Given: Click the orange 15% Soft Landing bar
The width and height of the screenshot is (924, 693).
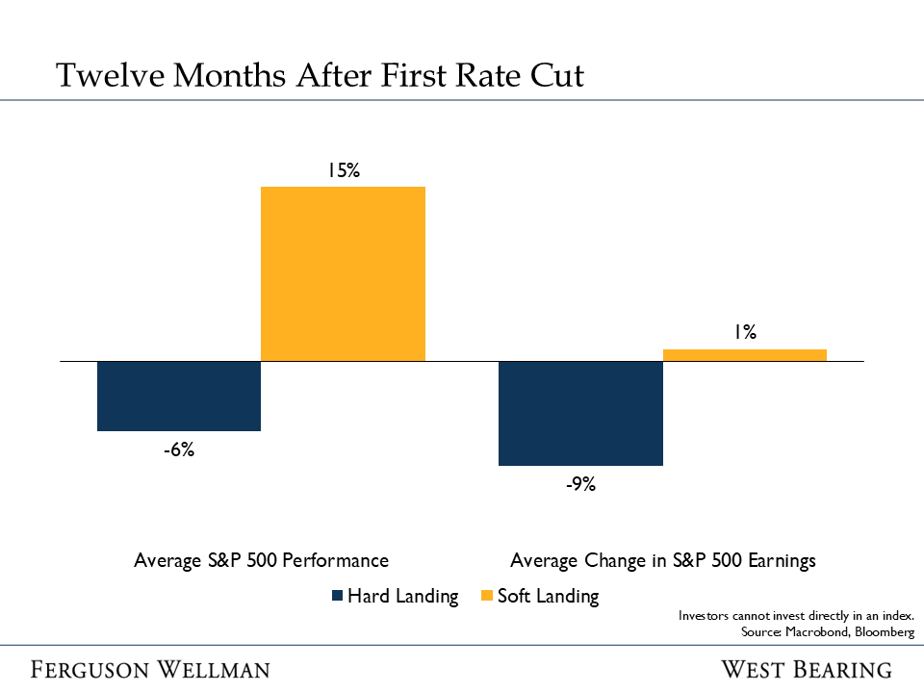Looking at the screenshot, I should coord(343,273).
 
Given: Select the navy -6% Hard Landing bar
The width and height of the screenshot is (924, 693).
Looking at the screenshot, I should coord(179,396).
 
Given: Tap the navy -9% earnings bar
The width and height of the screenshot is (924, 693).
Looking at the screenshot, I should coord(580,413).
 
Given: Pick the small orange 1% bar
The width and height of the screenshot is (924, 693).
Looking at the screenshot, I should coord(745,355).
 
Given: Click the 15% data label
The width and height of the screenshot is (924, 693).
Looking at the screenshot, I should coord(343,170).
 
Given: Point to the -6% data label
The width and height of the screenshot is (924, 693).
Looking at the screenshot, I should coord(179,449).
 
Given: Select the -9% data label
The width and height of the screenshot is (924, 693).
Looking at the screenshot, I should coord(580,484).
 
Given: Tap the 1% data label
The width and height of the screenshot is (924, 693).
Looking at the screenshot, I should coord(745,333).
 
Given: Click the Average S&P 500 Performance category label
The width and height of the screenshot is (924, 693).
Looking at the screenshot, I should coord(261,560).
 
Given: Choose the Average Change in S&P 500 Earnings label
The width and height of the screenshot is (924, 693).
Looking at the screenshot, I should coord(663,560).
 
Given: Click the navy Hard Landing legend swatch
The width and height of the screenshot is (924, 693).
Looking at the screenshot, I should coord(336,597).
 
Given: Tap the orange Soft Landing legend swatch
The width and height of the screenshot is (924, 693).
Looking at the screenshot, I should coord(486,597).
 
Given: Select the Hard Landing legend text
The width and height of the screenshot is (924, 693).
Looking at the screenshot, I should coord(402,597).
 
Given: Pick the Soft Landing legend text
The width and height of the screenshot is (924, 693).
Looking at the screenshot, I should coord(548,597).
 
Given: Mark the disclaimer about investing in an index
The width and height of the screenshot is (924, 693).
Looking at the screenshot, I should coord(796,615).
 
